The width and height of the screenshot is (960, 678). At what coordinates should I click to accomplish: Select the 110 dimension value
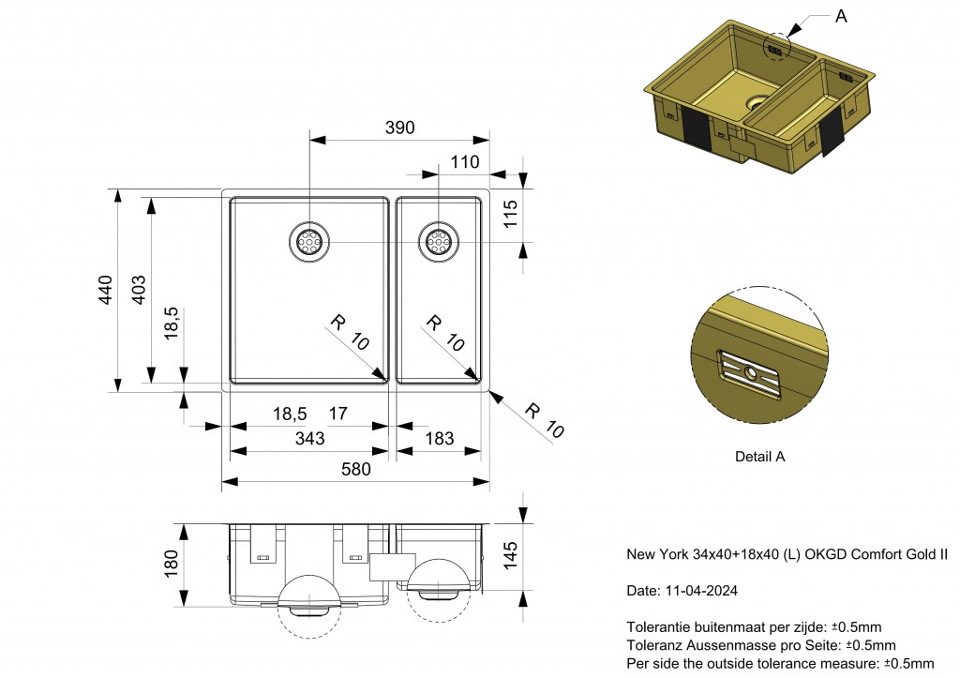[464, 162]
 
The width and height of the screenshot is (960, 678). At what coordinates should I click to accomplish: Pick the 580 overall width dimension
[355, 469]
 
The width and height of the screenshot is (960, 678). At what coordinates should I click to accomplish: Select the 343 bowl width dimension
[309, 439]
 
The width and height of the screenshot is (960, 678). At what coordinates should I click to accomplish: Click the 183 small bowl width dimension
[439, 439]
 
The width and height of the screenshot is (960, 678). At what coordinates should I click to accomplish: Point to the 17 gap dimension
[338, 413]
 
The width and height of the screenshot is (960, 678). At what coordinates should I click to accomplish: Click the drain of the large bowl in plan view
[308, 243]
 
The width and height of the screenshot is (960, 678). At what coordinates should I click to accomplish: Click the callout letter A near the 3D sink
[841, 16]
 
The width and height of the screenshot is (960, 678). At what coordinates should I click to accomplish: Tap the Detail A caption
[759, 457]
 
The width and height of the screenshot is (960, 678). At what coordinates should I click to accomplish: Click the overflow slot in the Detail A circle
[751, 373]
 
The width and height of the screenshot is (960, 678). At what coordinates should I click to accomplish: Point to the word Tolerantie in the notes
[656, 626]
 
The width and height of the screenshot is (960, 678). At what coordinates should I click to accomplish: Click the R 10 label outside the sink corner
[545, 421]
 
